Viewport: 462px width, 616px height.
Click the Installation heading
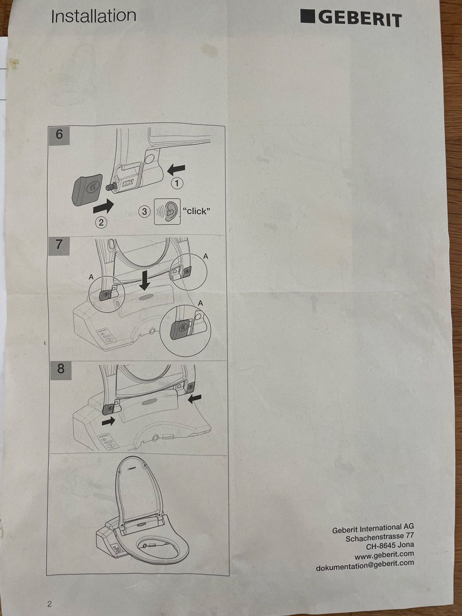[x=93, y=16]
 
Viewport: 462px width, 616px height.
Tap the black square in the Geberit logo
[x=307, y=16]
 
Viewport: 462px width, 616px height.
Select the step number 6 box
[x=59, y=136]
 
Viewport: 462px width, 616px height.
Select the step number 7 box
[x=59, y=246]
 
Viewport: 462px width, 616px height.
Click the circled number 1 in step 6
[x=177, y=184]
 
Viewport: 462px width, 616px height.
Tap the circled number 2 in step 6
[x=101, y=222]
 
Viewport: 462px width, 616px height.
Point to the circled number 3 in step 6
[x=144, y=211]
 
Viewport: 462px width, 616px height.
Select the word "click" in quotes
[x=197, y=211]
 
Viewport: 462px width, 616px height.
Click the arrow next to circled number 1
[x=176, y=169]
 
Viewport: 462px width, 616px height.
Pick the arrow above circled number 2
[x=104, y=207]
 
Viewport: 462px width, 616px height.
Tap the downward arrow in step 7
[x=145, y=281]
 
